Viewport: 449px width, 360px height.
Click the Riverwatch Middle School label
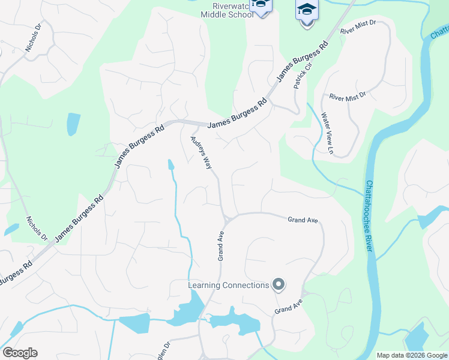[x=226, y=10]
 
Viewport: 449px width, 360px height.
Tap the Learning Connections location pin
[x=278, y=284]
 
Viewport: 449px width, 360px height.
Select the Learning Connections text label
[x=228, y=285]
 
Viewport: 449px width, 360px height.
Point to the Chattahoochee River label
[x=370, y=220]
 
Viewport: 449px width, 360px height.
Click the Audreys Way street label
[x=202, y=154]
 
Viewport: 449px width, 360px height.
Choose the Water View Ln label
[x=327, y=133]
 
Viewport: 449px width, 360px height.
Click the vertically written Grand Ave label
[x=221, y=245]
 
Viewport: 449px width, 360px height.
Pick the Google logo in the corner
[x=20, y=353]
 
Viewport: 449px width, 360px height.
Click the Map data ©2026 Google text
[x=412, y=355]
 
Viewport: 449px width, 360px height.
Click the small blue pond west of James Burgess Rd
[x=73, y=124]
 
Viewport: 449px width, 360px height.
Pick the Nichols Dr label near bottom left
[x=36, y=228]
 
